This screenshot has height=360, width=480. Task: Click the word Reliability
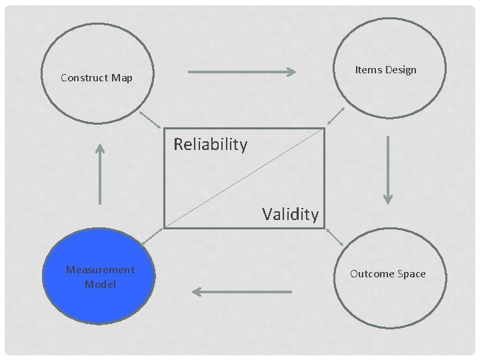210,144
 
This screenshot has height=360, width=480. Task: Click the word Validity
290,214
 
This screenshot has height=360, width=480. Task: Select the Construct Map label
97,78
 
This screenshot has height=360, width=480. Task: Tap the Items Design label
385,70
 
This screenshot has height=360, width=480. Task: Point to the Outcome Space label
387,274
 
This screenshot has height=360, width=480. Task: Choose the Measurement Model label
100,277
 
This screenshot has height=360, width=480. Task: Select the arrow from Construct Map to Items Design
242,71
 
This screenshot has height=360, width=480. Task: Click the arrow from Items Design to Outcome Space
388,170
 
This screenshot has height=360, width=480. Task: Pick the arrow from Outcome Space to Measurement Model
241,291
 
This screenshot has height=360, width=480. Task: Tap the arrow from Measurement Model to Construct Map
100,173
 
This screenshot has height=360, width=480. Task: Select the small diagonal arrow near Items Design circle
335,116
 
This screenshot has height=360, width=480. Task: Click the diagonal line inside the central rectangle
244,178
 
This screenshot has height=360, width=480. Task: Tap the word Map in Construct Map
122,78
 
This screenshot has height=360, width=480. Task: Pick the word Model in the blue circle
100,285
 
